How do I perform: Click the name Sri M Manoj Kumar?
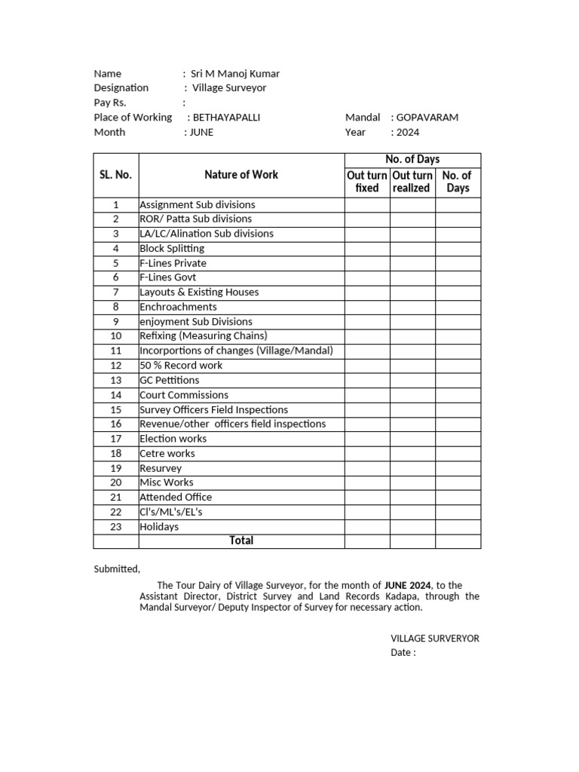pyautogui.click(x=235, y=74)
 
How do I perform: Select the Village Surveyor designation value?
pyautogui.click(x=229, y=88)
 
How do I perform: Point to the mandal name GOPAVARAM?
pyautogui.click(x=427, y=118)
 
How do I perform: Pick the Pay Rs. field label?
pyautogui.click(x=110, y=103)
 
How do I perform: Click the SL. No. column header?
pyautogui.click(x=116, y=175)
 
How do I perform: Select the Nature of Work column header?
pyautogui.click(x=241, y=175)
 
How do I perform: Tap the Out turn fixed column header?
pyautogui.click(x=367, y=182)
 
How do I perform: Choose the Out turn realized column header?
pyautogui.click(x=412, y=182)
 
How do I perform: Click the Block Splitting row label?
pyautogui.click(x=172, y=248)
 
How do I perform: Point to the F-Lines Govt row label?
pyautogui.click(x=168, y=277)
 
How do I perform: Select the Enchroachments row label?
pyautogui.click(x=178, y=307)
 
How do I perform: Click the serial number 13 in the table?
pyautogui.click(x=116, y=380)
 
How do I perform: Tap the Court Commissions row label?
pyautogui.click(x=184, y=395)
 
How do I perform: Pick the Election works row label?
pyautogui.click(x=173, y=439)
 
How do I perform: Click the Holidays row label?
pyautogui.click(x=159, y=527)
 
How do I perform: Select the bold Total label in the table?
pyautogui.click(x=241, y=541)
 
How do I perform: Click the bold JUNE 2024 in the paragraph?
pyautogui.click(x=408, y=585)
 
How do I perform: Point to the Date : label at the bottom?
pyautogui.click(x=403, y=653)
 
